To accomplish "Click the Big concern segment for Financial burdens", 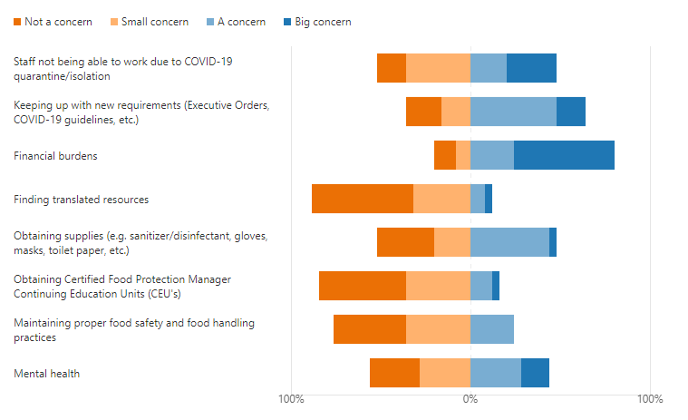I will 564,155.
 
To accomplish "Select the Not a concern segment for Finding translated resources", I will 363,199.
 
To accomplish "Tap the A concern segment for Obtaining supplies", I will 509,242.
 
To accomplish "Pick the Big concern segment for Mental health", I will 535,373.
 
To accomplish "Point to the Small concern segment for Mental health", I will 445,373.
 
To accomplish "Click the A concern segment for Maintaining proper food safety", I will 492,329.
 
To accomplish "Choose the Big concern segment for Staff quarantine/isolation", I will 531,68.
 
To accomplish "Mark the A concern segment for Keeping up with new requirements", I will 513,112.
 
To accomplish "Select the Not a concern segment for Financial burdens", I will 445,155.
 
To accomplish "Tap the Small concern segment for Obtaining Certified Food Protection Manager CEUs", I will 438,286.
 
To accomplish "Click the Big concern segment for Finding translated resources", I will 489,199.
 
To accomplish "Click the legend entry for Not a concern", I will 53,22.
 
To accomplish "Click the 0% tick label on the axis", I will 470,399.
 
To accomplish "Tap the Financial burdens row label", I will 55,156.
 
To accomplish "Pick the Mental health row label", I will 46,374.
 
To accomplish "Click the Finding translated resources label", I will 81,200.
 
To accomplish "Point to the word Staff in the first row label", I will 25,62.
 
